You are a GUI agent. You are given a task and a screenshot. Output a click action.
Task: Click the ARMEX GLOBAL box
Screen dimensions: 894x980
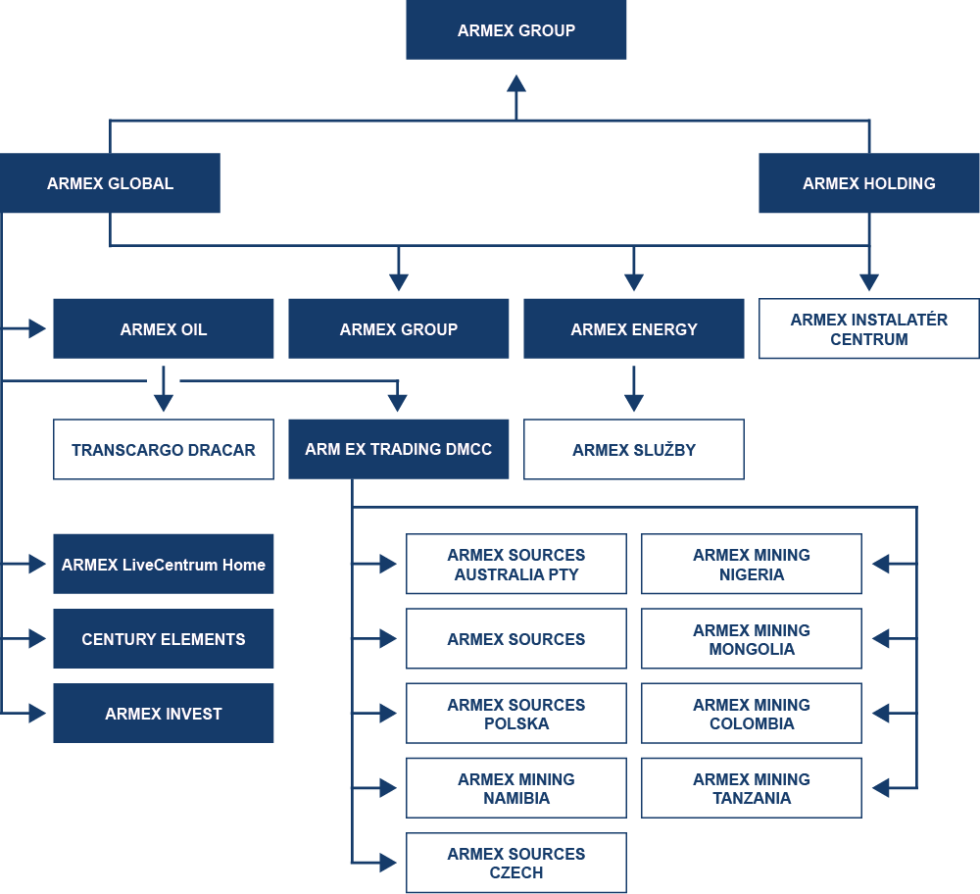(110, 183)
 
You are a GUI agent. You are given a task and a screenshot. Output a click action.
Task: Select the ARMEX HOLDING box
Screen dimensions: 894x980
(868, 183)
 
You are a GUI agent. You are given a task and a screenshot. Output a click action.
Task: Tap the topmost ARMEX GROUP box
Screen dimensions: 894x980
(516, 30)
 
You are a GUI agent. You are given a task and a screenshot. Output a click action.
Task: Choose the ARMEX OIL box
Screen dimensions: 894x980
(164, 329)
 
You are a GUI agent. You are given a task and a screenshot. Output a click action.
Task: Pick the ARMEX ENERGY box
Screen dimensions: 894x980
(634, 329)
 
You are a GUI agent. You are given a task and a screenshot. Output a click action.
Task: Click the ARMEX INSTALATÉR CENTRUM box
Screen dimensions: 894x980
(868, 329)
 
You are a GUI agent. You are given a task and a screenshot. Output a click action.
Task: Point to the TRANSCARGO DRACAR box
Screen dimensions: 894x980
(164, 450)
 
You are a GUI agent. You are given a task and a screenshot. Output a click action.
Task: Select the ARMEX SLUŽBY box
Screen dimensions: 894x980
(634, 450)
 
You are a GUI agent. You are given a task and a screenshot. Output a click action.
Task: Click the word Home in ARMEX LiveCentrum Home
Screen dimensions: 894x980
(244, 565)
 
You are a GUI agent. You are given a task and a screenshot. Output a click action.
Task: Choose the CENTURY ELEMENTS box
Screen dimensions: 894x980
(164, 639)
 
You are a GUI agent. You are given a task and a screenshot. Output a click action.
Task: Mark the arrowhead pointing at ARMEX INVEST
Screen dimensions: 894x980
(38, 714)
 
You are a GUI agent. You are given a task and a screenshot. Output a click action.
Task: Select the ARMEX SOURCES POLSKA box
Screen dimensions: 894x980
(516, 714)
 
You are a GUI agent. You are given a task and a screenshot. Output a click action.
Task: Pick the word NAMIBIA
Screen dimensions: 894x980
(516, 798)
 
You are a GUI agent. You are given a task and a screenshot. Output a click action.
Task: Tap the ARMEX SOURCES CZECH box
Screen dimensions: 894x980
(516, 863)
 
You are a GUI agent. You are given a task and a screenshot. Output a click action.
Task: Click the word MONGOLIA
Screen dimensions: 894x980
(752, 649)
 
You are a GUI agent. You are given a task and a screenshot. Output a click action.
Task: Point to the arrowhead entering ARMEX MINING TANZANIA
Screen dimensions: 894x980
(880, 788)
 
